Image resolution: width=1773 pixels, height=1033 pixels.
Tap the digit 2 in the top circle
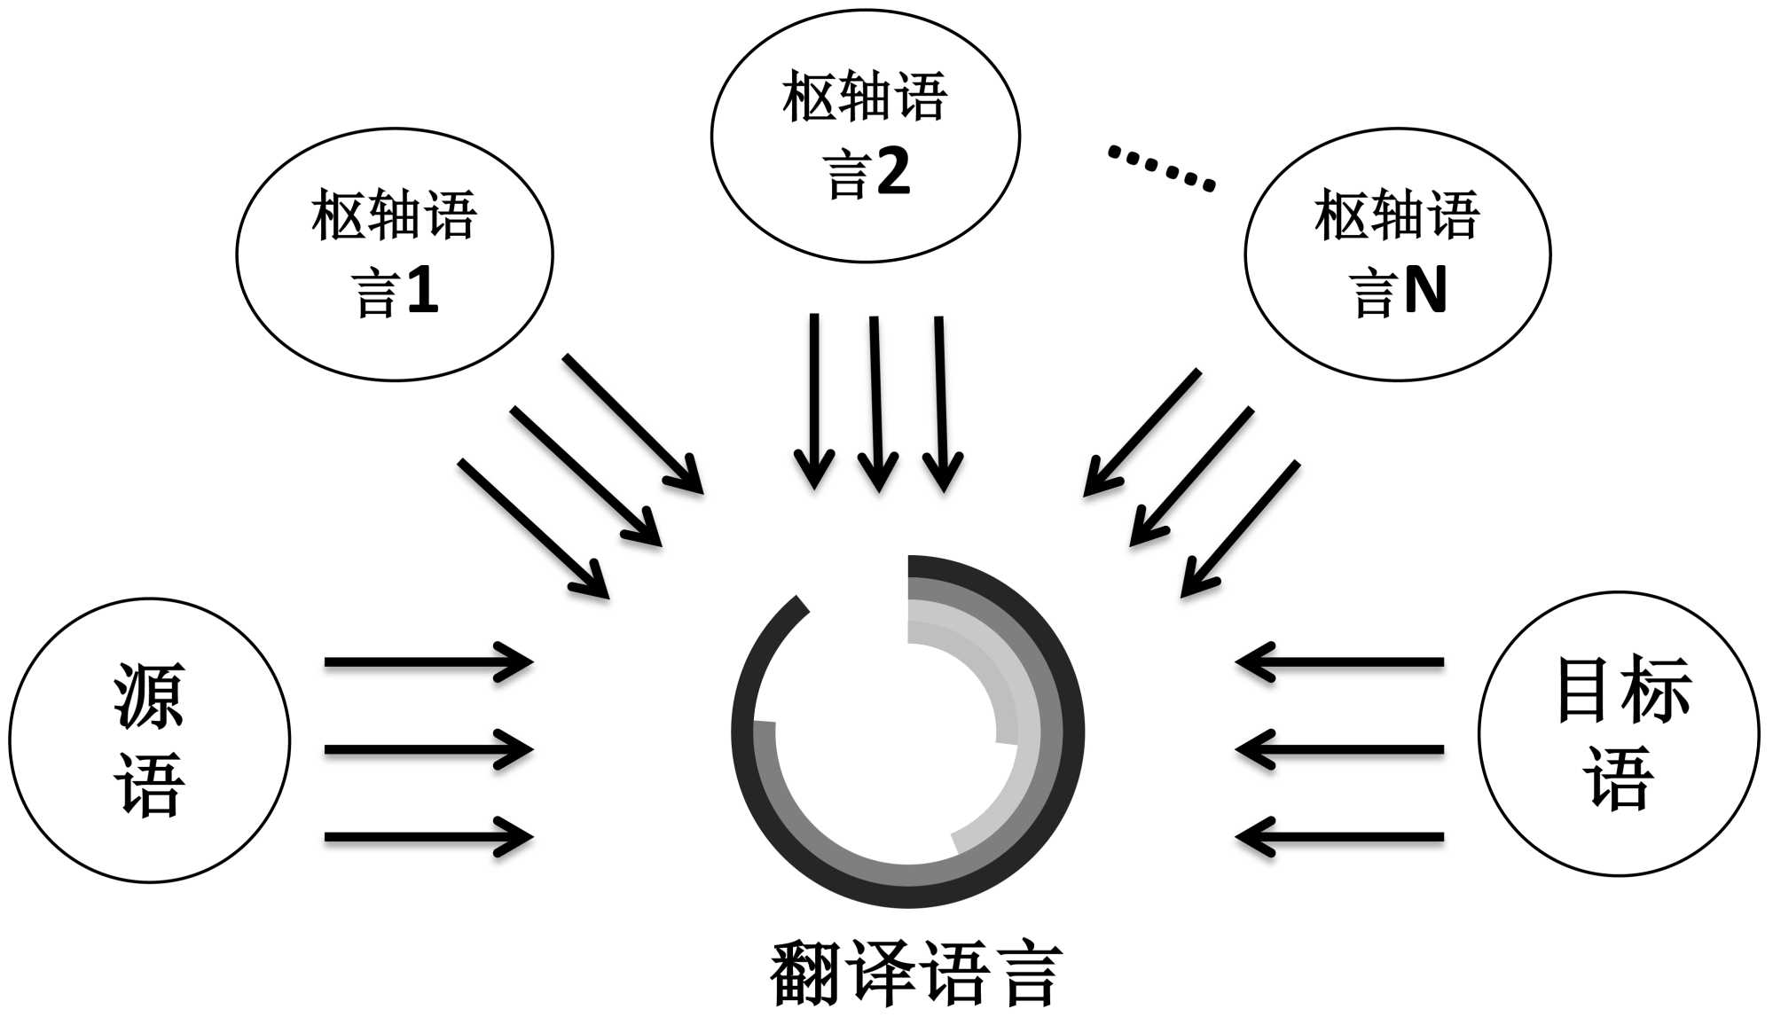pyautogui.click(x=892, y=171)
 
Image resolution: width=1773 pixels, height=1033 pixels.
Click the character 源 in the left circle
pyautogui.click(x=149, y=697)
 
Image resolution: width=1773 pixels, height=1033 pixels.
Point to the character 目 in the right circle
pyautogui.click(x=1585, y=689)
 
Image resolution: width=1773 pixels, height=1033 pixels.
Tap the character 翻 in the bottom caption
pyautogui.click(x=805, y=974)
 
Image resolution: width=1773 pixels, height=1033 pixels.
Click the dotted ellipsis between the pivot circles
pyautogui.click(x=1161, y=168)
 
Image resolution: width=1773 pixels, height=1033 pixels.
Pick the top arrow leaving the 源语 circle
pyautogui.click(x=428, y=661)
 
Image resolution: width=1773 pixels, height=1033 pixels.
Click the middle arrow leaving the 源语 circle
pyautogui.click(x=428, y=749)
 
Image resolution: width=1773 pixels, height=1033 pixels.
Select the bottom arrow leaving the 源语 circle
pyautogui.click(x=428, y=836)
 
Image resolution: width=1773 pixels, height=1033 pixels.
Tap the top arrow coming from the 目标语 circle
pyautogui.click(x=1340, y=661)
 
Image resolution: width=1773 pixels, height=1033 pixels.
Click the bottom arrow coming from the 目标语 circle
pyautogui.click(x=1340, y=836)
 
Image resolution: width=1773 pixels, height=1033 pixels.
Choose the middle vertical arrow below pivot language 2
pyautogui.click(x=876, y=403)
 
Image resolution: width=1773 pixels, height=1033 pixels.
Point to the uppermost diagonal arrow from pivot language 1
pyautogui.click(x=632, y=423)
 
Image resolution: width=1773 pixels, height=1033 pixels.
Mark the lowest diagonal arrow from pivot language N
pyautogui.click(x=1241, y=528)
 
